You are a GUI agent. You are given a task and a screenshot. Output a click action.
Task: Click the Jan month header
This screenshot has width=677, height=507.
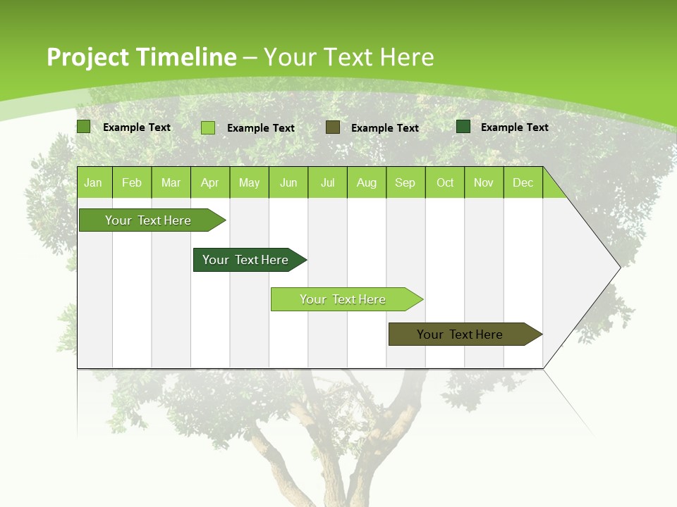pyautogui.click(x=93, y=183)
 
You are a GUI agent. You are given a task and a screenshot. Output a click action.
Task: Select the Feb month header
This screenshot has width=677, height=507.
pyautogui.click(x=132, y=183)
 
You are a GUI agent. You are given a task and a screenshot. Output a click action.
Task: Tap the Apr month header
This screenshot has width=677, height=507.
pyautogui.click(x=209, y=183)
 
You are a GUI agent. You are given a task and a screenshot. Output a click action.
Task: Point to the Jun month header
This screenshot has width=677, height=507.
pyautogui.click(x=288, y=183)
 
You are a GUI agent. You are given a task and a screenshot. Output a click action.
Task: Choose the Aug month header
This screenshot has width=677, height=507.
pyautogui.click(x=366, y=183)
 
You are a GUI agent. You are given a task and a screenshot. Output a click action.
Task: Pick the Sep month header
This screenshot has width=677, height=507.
pyautogui.click(x=405, y=183)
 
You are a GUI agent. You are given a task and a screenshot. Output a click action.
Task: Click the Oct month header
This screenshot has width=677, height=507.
pyautogui.click(x=445, y=183)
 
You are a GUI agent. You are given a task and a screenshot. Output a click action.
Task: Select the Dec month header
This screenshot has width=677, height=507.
pyautogui.click(x=523, y=183)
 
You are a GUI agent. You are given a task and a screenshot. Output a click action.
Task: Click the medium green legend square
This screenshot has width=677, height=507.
pyautogui.click(x=83, y=127)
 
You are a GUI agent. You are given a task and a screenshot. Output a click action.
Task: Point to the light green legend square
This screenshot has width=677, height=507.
pyautogui.click(x=208, y=127)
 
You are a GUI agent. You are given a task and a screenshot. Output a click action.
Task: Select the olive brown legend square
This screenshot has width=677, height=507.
pyautogui.click(x=333, y=127)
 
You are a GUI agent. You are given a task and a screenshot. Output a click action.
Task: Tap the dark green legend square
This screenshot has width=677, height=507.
pyautogui.click(x=463, y=127)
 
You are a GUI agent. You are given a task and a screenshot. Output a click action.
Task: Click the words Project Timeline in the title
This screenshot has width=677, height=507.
pyautogui.click(x=141, y=57)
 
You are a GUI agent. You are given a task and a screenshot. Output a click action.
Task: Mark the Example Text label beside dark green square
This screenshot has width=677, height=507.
pyautogui.click(x=514, y=127)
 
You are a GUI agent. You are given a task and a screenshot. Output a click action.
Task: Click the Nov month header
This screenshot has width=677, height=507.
pyautogui.click(x=484, y=183)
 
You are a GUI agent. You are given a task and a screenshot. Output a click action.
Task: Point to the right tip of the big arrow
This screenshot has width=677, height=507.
pyautogui.click(x=618, y=267)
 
